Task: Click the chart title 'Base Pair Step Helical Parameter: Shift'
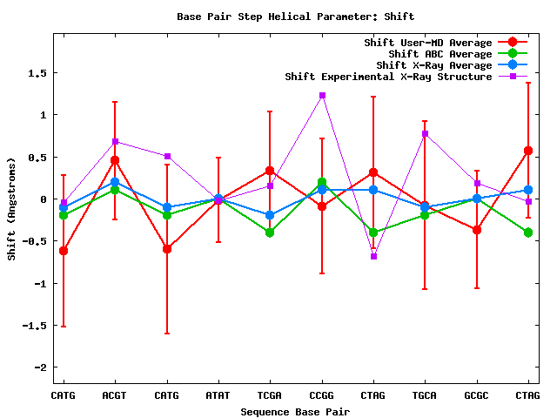pyautogui.click(x=295, y=16)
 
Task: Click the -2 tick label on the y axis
pyautogui.click(x=40, y=367)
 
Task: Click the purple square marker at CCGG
pyautogui.click(x=322, y=95)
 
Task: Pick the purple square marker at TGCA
pyautogui.click(x=425, y=133)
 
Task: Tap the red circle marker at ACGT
pyautogui.click(x=115, y=160)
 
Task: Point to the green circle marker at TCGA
pyautogui.click(x=270, y=233)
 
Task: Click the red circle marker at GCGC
pyautogui.click(x=477, y=230)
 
